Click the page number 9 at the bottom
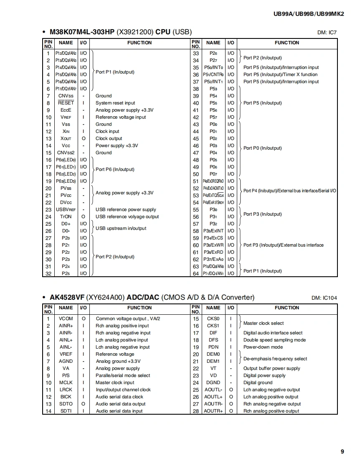342,451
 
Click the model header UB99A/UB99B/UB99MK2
308,13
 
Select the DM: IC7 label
327,33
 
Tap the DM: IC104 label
324,298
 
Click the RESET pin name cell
66,103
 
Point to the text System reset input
115,103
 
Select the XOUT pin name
66,138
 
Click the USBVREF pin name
66,209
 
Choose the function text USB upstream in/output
121,228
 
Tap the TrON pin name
66,217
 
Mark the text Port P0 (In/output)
262,148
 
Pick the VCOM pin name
66,319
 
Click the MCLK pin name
66,382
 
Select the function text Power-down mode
263,347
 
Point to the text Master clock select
264,323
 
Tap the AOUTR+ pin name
213,411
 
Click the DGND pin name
213,382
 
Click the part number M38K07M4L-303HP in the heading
82,32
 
